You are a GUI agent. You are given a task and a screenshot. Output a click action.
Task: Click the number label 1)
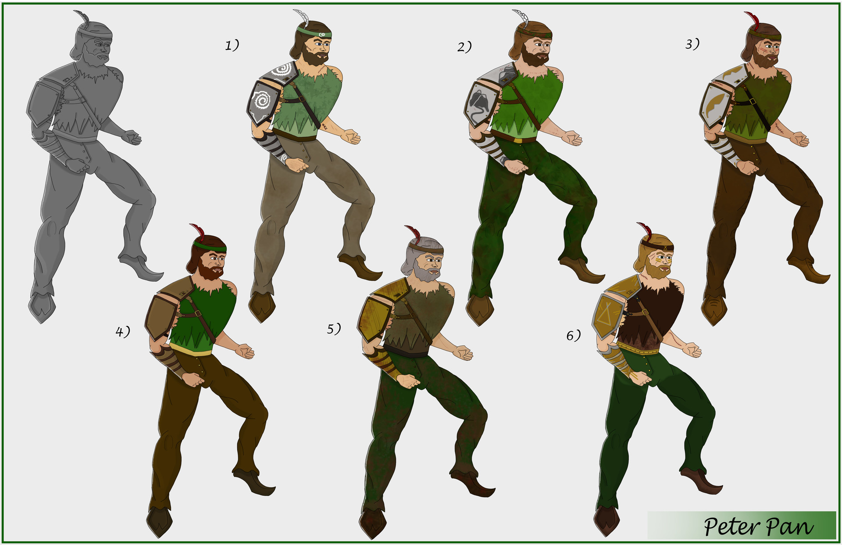[232, 45]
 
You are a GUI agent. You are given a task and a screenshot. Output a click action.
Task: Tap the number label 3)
[692, 44]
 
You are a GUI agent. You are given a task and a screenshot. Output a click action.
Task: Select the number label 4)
[123, 332]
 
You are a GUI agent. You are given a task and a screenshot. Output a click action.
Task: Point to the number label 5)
[334, 329]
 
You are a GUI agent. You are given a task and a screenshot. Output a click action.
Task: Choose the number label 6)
[573, 336]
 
